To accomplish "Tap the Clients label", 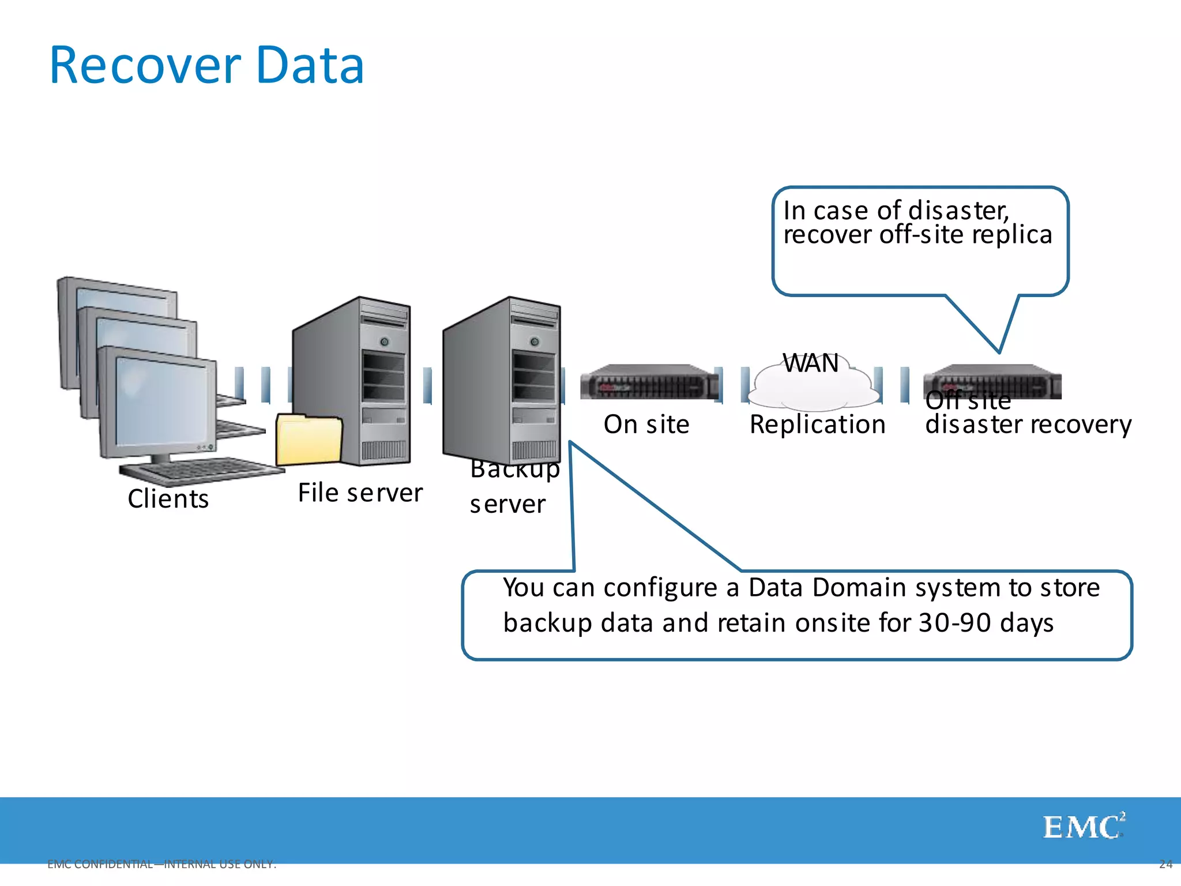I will pyautogui.click(x=168, y=499).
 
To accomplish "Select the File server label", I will pyautogui.click(x=360, y=493).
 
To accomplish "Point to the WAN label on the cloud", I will pyautogui.click(x=810, y=363).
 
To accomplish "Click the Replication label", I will pyautogui.click(x=817, y=425).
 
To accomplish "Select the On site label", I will pyautogui.click(x=646, y=425).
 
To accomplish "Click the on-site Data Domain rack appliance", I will pyautogui.click(x=649, y=382).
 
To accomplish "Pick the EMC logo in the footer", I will pyautogui.click(x=1083, y=827).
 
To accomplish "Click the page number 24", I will pyautogui.click(x=1165, y=864).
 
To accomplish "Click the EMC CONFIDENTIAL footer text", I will pyautogui.click(x=161, y=864).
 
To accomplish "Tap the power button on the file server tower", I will pyautogui.click(x=384, y=341).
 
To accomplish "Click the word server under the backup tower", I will pyautogui.click(x=507, y=505).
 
